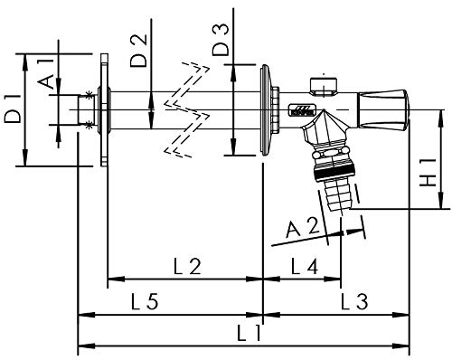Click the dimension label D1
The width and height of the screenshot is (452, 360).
click(x=12, y=109)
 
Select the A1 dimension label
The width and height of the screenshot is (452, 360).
click(x=46, y=74)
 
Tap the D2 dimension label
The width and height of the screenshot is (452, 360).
click(x=138, y=50)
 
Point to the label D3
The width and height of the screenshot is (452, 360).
click(x=221, y=40)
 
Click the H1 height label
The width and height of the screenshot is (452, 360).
click(x=428, y=172)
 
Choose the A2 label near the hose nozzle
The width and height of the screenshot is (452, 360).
click(x=302, y=229)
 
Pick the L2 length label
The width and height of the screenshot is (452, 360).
click(x=187, y=266)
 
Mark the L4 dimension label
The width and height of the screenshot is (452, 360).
click(x=305, y=266)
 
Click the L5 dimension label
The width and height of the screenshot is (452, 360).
click(x=145, y=301)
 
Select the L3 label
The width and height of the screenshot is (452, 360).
click(x=354, y=301)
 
